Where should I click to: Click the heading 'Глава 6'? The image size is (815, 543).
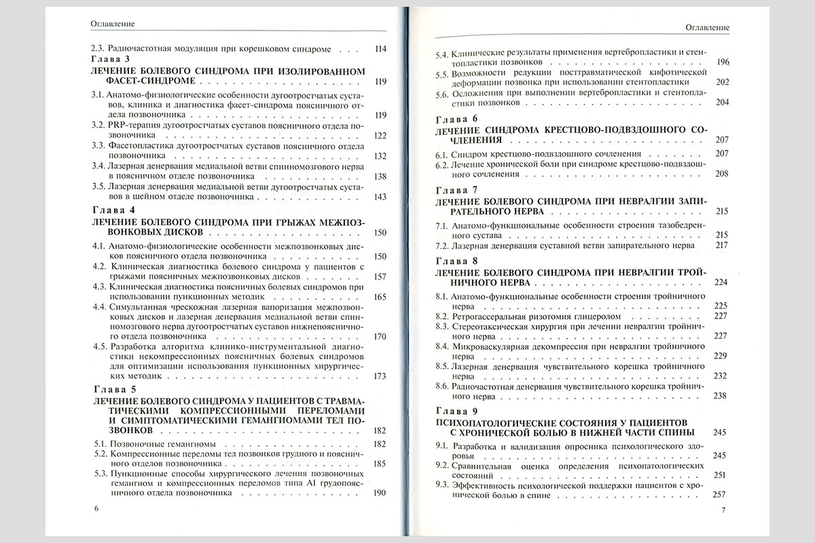pyautogui.click(x=456, y=118)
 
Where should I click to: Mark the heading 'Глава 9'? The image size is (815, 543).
pyautogui.click(x=456, y=412)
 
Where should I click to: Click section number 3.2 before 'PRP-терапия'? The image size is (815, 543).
pyautogui.click(x=98, y=126)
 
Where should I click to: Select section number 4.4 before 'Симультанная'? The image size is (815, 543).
pyautogui.click(x=98, y=307)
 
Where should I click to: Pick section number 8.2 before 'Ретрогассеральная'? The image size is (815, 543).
pyautogui.click(x=442, y=316)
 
